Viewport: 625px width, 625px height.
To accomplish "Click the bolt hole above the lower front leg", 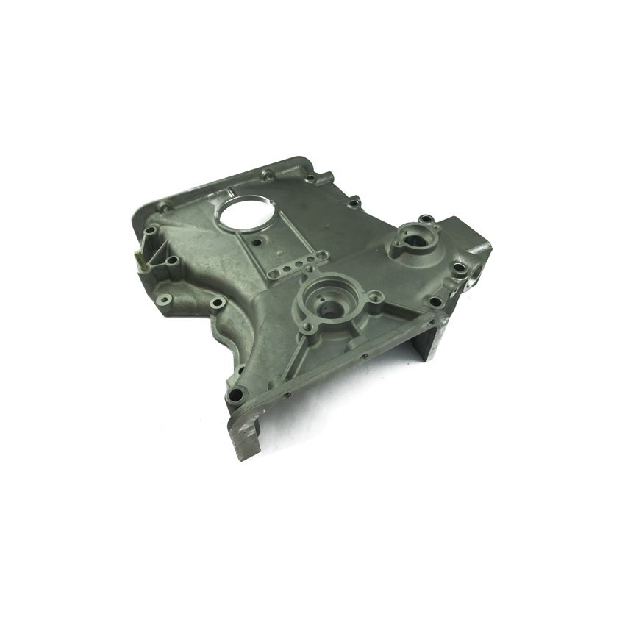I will [x=235, y=395].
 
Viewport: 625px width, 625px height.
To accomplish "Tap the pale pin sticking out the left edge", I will [x=137, y=257].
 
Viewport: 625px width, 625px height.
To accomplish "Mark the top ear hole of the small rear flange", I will [x=425, y=219].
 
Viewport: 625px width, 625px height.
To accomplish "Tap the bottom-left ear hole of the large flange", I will [x=310, y=327].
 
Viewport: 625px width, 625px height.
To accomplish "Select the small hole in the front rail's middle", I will [x=363, y=360].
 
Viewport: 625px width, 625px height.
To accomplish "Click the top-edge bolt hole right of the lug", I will [x=354, y=201].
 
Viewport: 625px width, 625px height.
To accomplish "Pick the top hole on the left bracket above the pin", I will [x=150, y=230].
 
